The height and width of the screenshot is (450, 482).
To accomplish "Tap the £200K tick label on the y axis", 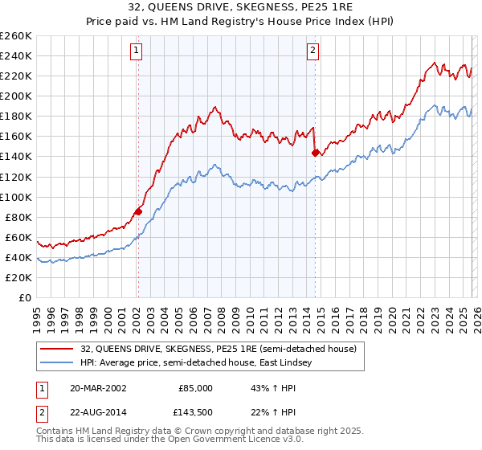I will tap(16, 96).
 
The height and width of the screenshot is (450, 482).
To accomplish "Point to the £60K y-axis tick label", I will tap(18, 237).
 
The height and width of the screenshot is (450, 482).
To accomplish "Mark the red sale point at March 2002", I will tap(138, 211).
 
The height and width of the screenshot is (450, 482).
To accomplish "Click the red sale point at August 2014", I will tap(315, 153).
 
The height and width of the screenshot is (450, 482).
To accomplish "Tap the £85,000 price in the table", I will tap(194, 388).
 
